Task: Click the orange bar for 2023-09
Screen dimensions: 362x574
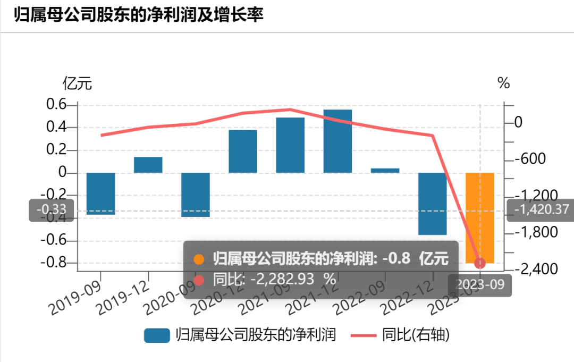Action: (x=480, y=213)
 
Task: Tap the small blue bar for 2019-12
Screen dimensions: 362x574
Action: (x=148, y=165)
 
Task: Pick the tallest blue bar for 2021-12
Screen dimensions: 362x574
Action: (x=337, y=141)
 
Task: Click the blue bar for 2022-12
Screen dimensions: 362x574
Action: (x=433, y=204)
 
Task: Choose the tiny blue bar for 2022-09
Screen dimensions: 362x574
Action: (x=385, y=171)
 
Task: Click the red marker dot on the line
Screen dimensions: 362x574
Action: (x=480, y=263)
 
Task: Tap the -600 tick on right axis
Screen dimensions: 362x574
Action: (x=525, y=159)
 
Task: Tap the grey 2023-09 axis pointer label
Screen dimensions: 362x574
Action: (x=480, y=284)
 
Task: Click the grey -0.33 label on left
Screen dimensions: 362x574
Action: (x=52, y=210)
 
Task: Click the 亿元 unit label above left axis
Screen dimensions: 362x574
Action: (x=78, y=83)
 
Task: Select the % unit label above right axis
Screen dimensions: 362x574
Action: (x=503, y=83)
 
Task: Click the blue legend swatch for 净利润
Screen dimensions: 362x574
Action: (x=157, y=335)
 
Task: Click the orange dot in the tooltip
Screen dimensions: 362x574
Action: (x=199, y=259)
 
